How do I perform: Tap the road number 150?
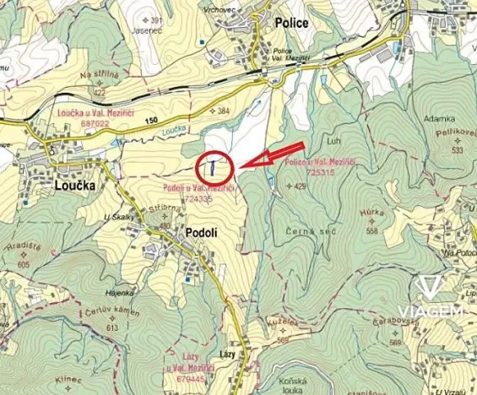click(x=151, y=122)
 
